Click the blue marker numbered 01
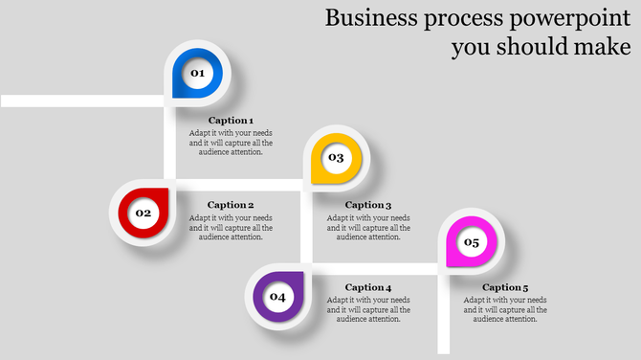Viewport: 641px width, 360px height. coord(197,74)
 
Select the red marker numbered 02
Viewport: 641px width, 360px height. coord(144,213)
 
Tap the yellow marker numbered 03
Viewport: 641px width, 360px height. coord(336,158)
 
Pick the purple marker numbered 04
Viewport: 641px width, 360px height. coord(278,297)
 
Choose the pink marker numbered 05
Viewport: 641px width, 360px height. coord(472,242)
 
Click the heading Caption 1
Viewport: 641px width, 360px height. coord(231,121)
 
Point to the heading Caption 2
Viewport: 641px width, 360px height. coord(231,205)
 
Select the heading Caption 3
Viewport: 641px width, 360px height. coord(368,205)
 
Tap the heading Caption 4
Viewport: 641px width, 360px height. coord(368,288)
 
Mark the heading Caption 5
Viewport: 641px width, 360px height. coord(505,288)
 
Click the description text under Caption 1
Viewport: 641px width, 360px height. coord(231,142)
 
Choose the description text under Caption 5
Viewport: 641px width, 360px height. coord(505,309)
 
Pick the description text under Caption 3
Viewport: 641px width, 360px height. coord(368,227)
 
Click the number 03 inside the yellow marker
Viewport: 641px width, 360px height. coord(336,157)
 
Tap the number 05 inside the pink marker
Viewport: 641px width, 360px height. coord(472,242)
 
